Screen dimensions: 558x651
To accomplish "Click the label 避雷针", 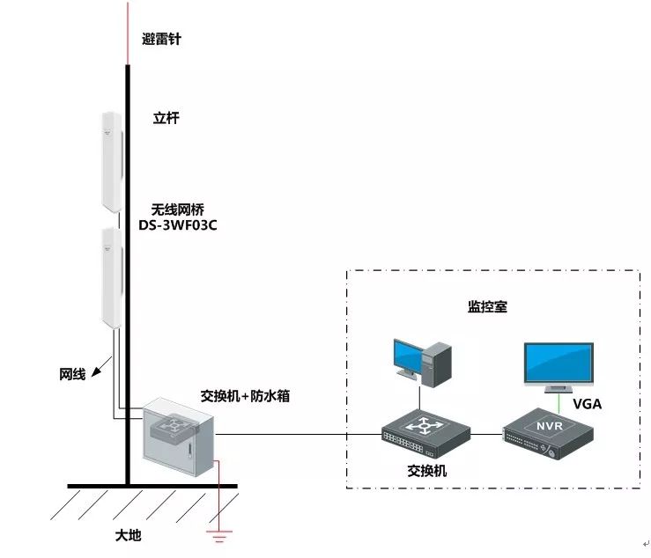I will tap(161, 40).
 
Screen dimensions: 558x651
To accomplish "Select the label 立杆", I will tap(166, 118).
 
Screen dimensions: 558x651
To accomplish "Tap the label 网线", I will tap(72, 374).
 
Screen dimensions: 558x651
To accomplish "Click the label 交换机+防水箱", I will tap(246, 396).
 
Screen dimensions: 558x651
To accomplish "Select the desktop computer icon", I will tap(422, 362).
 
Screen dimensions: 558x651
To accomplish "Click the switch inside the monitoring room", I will tap(425, 431).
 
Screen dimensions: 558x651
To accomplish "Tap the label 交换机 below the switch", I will tap(425, 470).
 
